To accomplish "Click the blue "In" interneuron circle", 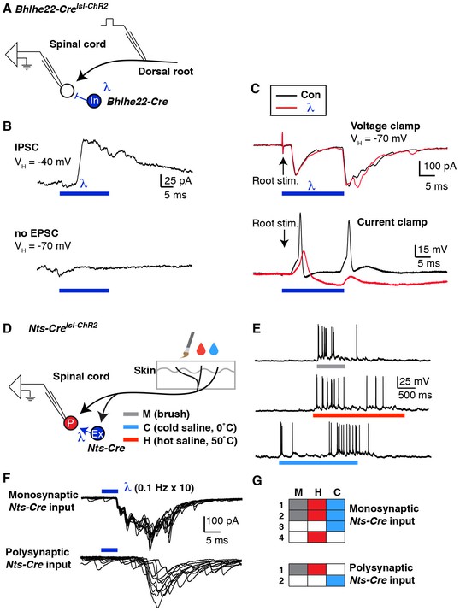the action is (x=94, y=101).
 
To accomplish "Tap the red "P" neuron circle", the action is (x=72, y=423).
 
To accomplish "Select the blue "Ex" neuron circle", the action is (x=97, y=433).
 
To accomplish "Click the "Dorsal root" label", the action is (x=166, y=72).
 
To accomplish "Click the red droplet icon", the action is (x=201, y=349).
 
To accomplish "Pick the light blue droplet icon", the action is (x=214, y=349).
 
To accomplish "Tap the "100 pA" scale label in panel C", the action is (x=440, y=167).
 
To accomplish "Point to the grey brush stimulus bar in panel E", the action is (x=331, y=367).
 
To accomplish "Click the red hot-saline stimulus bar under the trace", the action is (x=358, y=415).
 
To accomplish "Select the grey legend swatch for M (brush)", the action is (x=130, y=414).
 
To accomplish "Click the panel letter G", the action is (x=257, y=481).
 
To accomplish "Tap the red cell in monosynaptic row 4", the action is (x=317, y=538).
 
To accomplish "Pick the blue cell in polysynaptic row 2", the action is (x=335, y=580).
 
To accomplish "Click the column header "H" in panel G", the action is (x=318, y=492).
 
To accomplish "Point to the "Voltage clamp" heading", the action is (x=385, y=126).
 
